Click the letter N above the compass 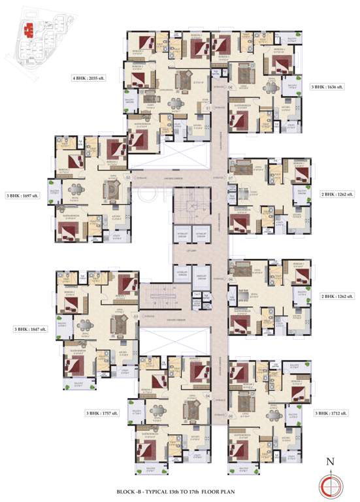[330, 461]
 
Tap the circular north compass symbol [330, 482]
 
